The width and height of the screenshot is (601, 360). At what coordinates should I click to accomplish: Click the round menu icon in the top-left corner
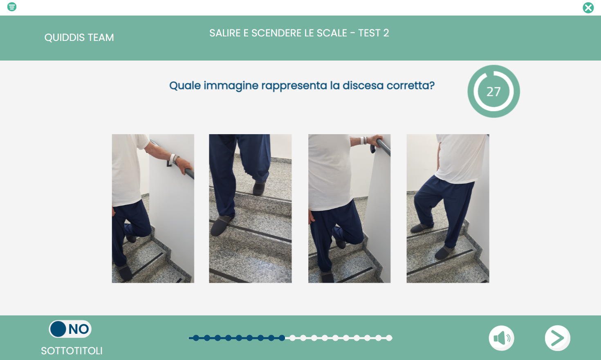click(x=12, y=7)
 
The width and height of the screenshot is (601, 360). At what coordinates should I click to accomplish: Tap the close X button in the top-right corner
click(x=588, y=8)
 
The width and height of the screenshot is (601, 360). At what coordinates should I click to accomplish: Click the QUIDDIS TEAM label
click(x=79, y=38)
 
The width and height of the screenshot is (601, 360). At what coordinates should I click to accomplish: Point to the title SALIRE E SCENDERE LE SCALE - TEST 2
click(x=299, y=33)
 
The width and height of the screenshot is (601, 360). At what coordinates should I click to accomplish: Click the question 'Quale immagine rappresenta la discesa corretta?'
click(x=302, y=85)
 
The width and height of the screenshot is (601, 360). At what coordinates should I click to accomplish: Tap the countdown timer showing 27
click(x=494, y=91)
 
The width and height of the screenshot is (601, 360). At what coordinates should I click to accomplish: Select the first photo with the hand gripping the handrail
click(x=153, y=208)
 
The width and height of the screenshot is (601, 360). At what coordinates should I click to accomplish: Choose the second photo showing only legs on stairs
click(x=250, y=208)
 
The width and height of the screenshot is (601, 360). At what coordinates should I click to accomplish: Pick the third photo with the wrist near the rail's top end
click(x=349, y=208)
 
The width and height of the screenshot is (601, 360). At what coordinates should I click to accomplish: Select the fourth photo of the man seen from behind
click(x=448, y=208)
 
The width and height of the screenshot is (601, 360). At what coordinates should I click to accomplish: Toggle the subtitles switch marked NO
click(x=70, y=329)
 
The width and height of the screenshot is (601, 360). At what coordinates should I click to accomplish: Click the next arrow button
click(x=558, y=338)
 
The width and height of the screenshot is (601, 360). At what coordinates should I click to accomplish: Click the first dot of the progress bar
click(x=196, y=338)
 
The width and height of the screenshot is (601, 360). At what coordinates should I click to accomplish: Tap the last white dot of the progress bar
click(x=389, y=338)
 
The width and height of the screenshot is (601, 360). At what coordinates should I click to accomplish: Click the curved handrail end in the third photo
click(x=373, y=148)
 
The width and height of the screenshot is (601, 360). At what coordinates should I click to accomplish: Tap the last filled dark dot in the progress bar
click(x=282, y=338)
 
